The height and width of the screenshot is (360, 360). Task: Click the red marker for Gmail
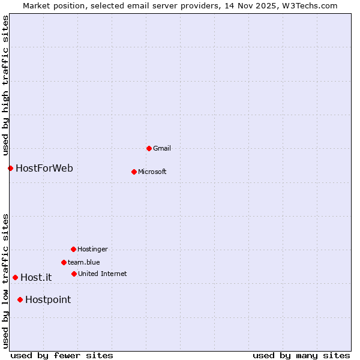point(149,148)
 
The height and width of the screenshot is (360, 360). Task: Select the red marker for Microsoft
point(134,172)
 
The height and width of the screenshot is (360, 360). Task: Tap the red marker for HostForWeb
point(10,168)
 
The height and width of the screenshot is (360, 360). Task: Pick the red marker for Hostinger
point(74,249)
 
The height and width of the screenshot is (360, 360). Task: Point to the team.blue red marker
point(64,262)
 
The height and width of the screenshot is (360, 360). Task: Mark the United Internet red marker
point(74,274)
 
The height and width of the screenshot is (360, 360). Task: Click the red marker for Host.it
point(16,277)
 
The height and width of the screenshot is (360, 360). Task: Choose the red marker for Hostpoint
point(20,299)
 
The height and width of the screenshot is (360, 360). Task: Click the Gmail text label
point(162,148)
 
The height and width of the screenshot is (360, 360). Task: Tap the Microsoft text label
point(152,172)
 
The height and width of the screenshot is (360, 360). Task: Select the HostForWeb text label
point(44,168)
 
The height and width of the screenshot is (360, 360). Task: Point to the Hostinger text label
point(92,249)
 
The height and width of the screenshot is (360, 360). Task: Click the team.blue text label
point(84,262)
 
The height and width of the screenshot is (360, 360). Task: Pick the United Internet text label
point(103,274)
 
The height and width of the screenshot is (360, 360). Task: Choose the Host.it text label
point(36,277)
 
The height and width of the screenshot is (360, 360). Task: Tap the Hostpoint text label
point(48,299)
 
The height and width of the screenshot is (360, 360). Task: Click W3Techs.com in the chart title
point(314,6)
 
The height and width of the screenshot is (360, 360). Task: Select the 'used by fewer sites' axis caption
point(62,355)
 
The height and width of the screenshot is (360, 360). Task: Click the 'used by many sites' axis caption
point(301,355)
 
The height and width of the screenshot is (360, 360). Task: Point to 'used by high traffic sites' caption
point(6,86)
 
